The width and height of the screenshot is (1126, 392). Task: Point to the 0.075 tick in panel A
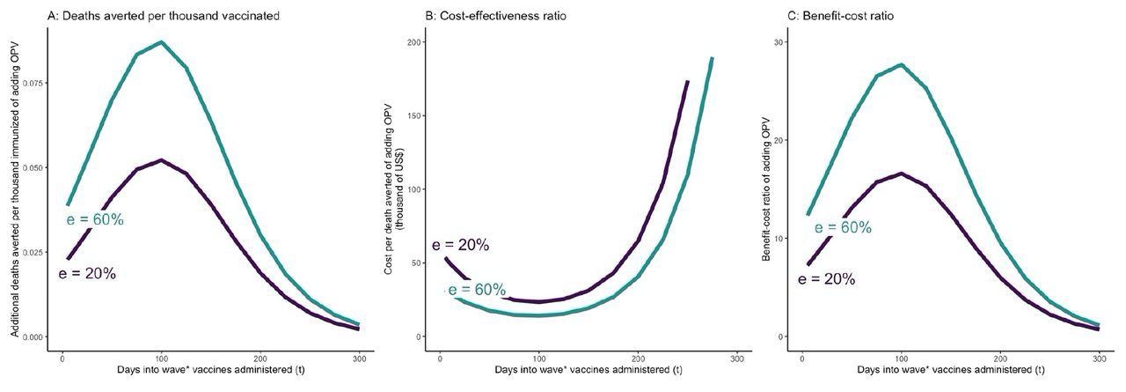[30, 83]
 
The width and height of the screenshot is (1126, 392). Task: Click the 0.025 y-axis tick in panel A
[30, 252]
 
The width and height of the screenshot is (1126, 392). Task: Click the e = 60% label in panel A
[95, 220]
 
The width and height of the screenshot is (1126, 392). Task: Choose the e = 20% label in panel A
[87, 274]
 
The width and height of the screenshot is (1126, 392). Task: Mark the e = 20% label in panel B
[460, 245]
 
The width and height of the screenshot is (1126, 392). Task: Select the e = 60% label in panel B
[477, 290]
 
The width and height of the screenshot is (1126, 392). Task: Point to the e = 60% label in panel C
[843, 228]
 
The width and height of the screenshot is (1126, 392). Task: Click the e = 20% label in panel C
[826, 279]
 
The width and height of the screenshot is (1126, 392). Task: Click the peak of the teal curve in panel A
[161, 41]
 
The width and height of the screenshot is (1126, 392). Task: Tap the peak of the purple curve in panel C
[901, 174]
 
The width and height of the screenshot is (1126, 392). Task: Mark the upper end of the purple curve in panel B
[688, 81]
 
